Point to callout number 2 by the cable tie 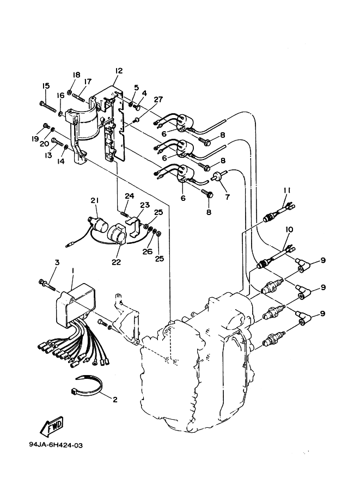pos(115,400)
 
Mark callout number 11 pos(287,190)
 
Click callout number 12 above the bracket pos(119,70)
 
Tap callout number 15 pos(46,85)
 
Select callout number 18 pos(76,75)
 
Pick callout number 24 pos(129,195)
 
